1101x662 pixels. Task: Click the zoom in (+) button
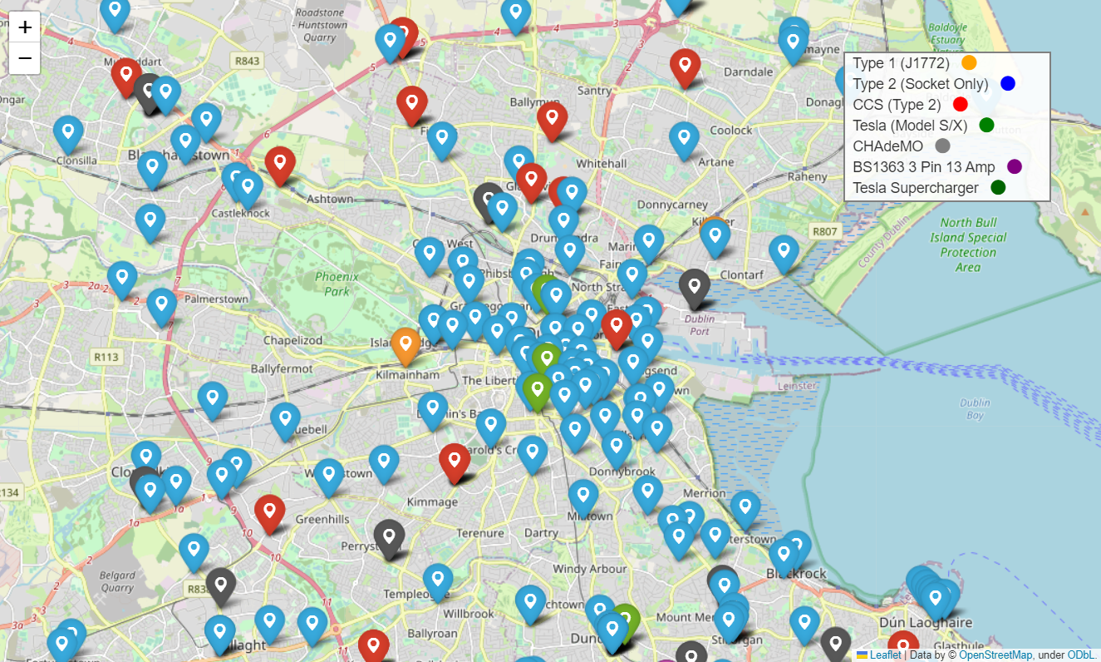[x=25, y=27]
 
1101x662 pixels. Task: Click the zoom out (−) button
[x=25, y=58]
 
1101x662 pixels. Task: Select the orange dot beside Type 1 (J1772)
[x=969, y=62]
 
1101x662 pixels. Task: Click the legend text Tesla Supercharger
[x=916, y=188]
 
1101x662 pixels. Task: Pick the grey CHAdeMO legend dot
[x=942, y=146]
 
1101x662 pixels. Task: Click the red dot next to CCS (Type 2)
[x=961, y=104]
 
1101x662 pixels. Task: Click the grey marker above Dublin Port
[x=694, y=284]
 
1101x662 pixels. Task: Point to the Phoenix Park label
[x=337, y=284]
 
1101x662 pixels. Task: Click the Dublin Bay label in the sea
[x=975, y=408]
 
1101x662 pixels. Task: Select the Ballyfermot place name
[x=282, y=368]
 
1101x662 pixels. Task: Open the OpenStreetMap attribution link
[x=995, y=655]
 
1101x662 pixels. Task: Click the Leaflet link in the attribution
[x=885, y=655]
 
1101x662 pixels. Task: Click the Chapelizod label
[x=292, y=340]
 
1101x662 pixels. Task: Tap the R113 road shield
[x=106, y=357]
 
